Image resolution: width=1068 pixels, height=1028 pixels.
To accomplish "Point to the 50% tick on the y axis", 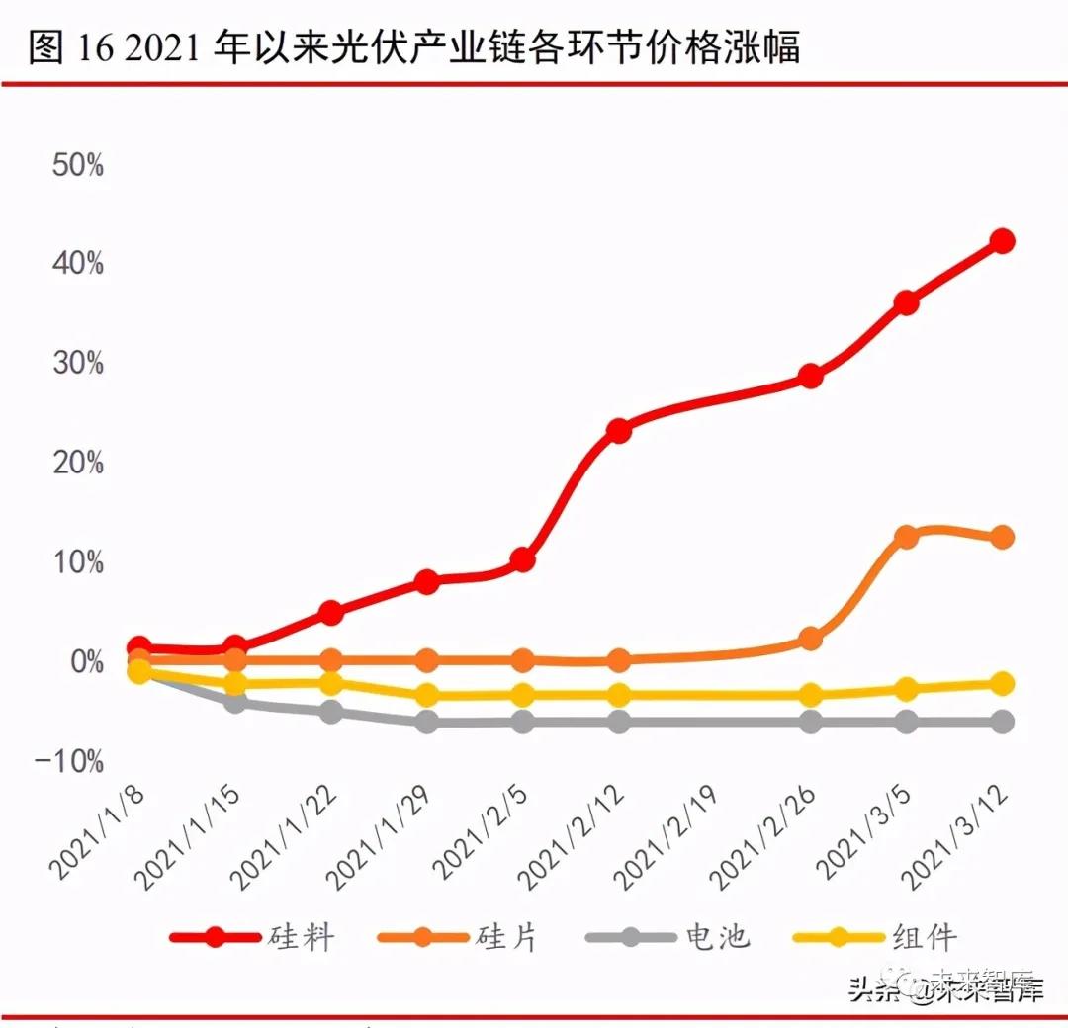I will click(77, 165).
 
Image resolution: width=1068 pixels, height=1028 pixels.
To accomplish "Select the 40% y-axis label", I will click(77, 264).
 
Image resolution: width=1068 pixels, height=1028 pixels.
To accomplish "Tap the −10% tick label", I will click(69, 761).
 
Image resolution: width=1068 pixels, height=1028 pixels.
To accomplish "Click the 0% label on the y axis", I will click(83, 661).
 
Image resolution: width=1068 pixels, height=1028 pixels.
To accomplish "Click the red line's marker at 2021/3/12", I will click(1002, 241).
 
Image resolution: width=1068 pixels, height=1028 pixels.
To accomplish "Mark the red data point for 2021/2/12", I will click(619, 431).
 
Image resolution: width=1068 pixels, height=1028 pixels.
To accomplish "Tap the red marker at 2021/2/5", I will click(523, 560).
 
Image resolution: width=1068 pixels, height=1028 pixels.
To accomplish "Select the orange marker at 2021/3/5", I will click(906, 537).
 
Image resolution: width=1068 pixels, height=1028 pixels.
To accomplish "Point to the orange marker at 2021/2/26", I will click(810, 639).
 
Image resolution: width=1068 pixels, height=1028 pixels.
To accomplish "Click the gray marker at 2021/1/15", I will click(235, 702).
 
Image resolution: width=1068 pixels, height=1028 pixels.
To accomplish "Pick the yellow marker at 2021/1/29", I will click(427, 695).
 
